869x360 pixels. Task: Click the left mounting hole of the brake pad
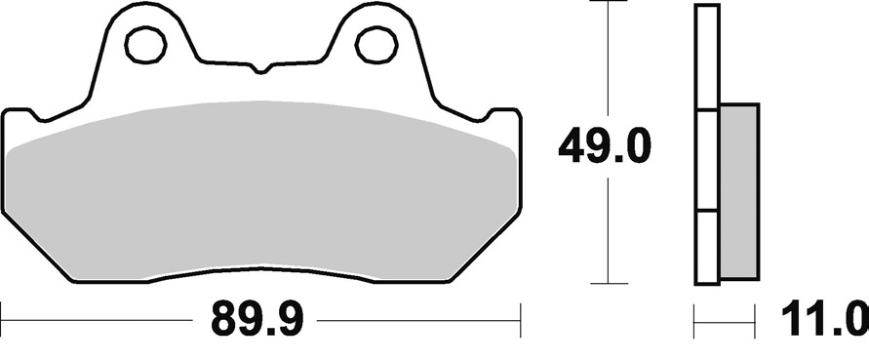pos(145,43)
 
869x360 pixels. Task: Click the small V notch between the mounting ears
pos(259,69)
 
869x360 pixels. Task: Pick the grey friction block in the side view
pos(738,189)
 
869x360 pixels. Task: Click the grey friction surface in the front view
pos(261,190)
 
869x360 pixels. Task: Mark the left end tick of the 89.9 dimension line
pos(2,319)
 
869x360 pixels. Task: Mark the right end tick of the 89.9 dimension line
pos(521,319)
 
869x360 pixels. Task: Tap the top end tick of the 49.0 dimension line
pos(609,2)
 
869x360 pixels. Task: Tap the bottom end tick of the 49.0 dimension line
pos(609,284)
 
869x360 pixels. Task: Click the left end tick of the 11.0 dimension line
pos(694,319)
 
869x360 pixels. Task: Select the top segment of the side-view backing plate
pos(707,59)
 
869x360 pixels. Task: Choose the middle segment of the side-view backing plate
pos(707,161)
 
